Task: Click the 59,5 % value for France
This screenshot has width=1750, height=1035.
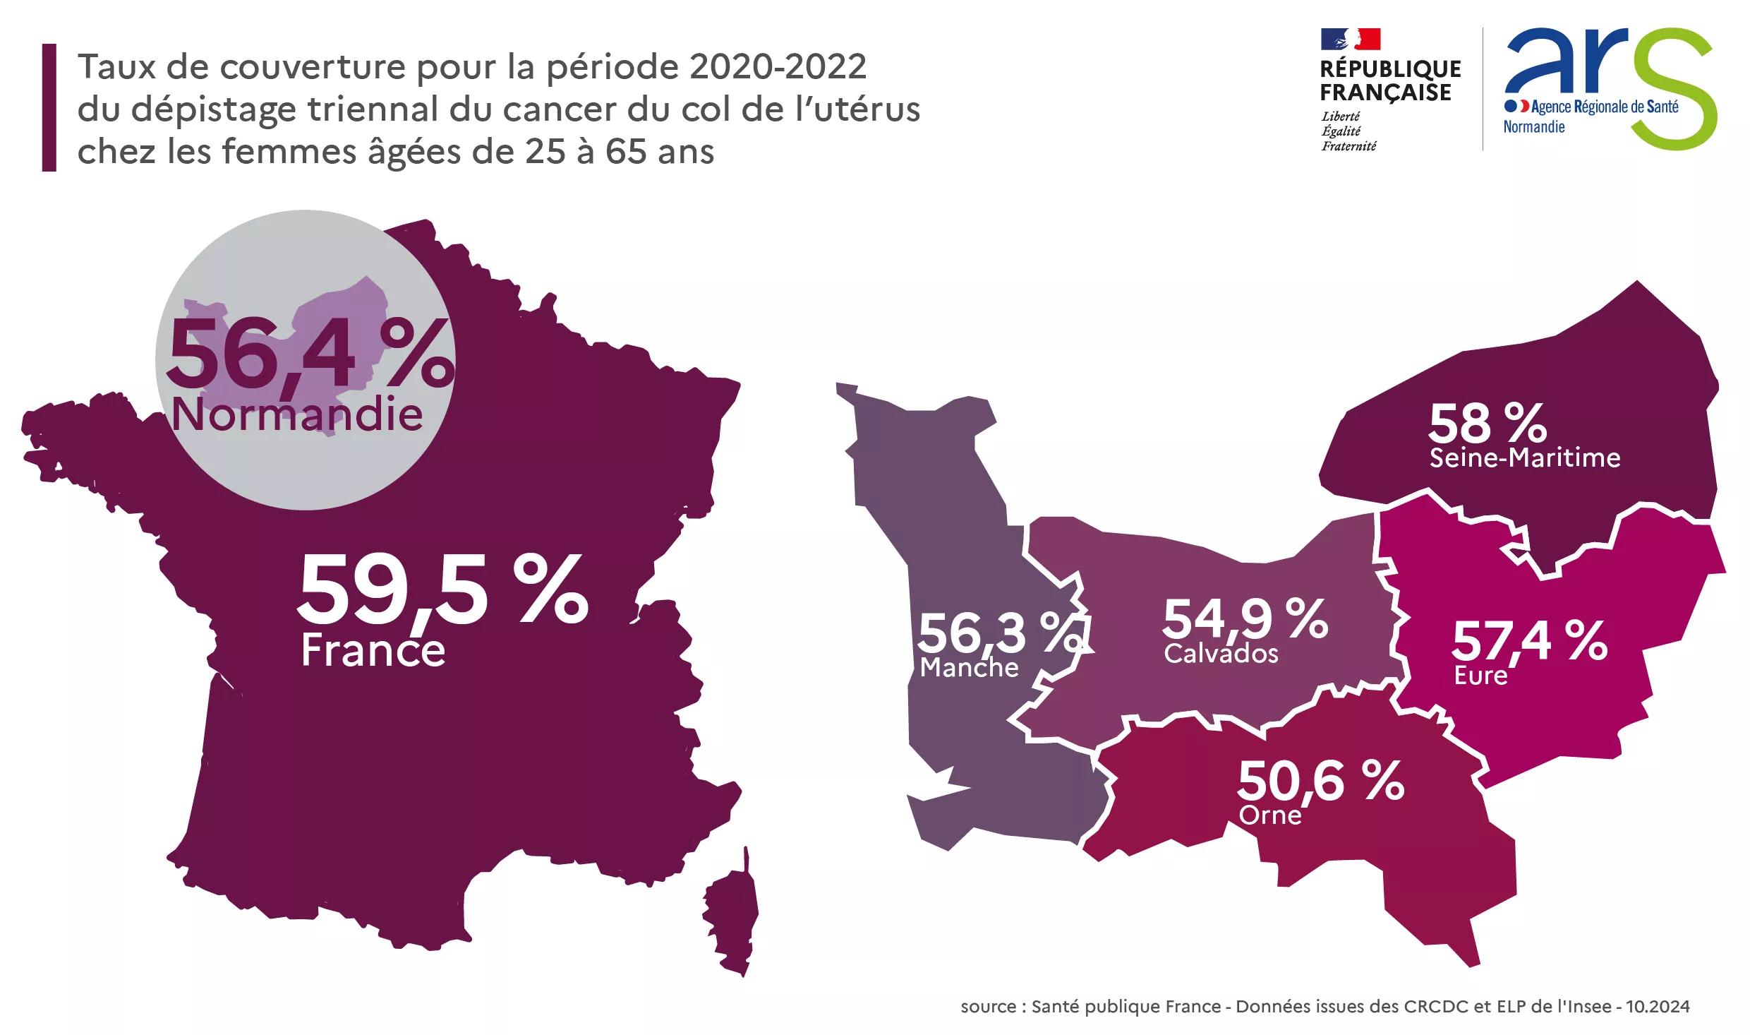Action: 442,590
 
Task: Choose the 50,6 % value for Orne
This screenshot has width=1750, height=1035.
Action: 1320,782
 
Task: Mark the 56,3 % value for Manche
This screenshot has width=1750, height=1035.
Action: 998,633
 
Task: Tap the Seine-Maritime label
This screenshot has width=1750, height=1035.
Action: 1525,458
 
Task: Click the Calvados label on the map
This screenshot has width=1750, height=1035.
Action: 1221,654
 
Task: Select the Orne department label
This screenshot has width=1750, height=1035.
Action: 1270,815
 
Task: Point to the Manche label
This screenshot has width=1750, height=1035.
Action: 969,667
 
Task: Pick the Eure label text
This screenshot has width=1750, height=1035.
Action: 1480,676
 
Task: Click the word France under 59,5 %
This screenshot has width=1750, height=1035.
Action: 373,650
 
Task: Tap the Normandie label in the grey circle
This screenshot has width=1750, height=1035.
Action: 297,414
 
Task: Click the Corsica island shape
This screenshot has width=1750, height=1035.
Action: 732,918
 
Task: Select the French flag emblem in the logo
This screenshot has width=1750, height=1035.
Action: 1350,40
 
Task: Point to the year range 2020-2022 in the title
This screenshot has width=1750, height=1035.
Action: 778,67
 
